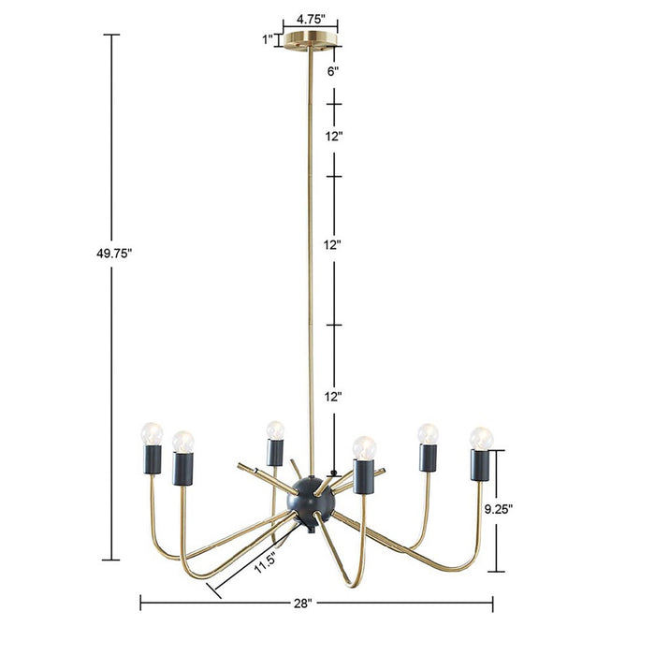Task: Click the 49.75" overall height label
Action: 112,253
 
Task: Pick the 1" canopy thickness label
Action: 269,39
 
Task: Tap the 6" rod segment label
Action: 332,69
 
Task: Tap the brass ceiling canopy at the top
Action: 311,39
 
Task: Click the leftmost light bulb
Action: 151,432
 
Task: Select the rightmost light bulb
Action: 481,438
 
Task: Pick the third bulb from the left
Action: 273,429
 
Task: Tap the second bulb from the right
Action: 428,434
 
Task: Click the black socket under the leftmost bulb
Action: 152,458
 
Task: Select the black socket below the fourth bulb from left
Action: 364,476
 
